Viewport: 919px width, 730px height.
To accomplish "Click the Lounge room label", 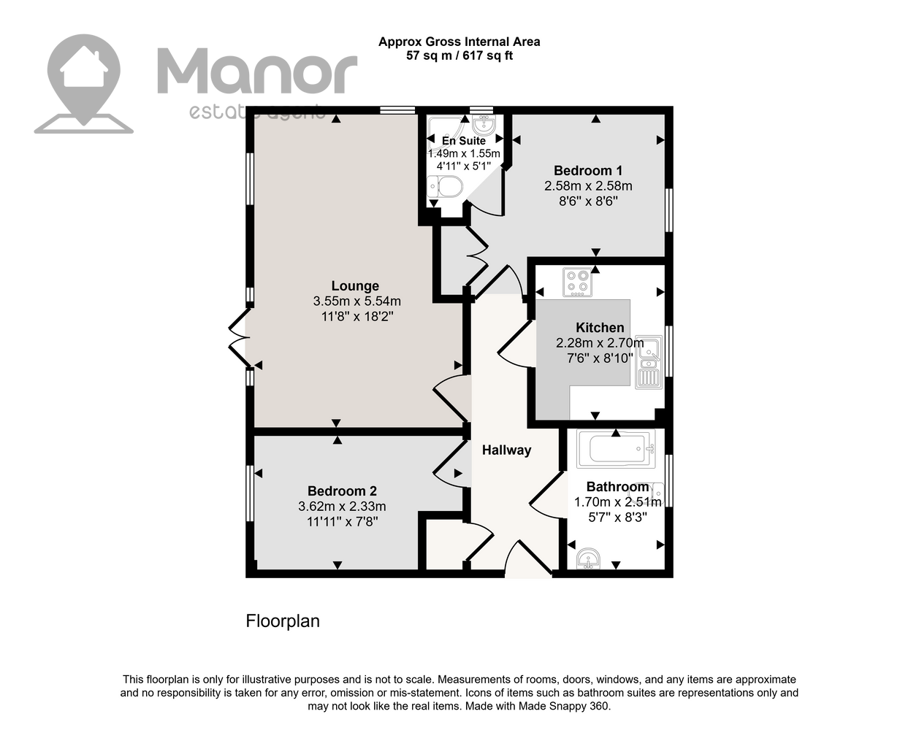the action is pyautogui.click(x=355, y=285).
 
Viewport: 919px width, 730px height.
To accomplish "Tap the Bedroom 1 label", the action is pyautogui.click(x=588, y=171).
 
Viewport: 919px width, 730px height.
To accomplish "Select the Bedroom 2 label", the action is pyautogui.click(x=342, y=491).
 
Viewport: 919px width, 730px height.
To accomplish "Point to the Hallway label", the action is pyautogui.click(x=506, y=450).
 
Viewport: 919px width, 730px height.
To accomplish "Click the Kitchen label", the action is pyautogui.click(x=600, y=328).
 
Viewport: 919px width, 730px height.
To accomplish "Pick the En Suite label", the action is pyautogui.click(x=464, y=140).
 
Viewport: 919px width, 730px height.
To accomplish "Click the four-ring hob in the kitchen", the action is pyautogui.click(x=577, y=282).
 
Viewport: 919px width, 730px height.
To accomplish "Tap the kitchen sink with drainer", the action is pyautogui.click(x=649, y=362).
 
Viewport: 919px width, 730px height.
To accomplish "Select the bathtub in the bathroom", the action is pyautogui.click(x=616, y=449).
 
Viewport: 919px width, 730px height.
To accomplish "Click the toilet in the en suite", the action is pyautogui.click(x=446, y=187).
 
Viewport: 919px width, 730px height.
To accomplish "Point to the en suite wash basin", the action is pyautogui.click(x=484, y=124).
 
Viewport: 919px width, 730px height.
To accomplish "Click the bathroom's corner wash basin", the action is pyautogui.click(x=588, y=558).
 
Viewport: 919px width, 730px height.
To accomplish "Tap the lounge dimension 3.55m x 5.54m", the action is pyautogui.click(x=357, y=301).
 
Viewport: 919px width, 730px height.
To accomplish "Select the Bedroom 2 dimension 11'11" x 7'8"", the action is pyautogui.click(x=343, y=522).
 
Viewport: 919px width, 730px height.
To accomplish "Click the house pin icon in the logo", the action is pyautogui.click(x=84, y=84).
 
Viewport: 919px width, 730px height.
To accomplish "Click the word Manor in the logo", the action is pyautogui.click(x=257, y=71).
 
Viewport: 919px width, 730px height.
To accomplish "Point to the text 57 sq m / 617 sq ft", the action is pyautogui.click(x=459, y=55).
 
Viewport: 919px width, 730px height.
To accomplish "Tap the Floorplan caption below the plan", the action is pyautogui.click(x=283, y=621).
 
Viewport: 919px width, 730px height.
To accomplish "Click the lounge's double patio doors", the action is pyautogui.click(x=240, y=338).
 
